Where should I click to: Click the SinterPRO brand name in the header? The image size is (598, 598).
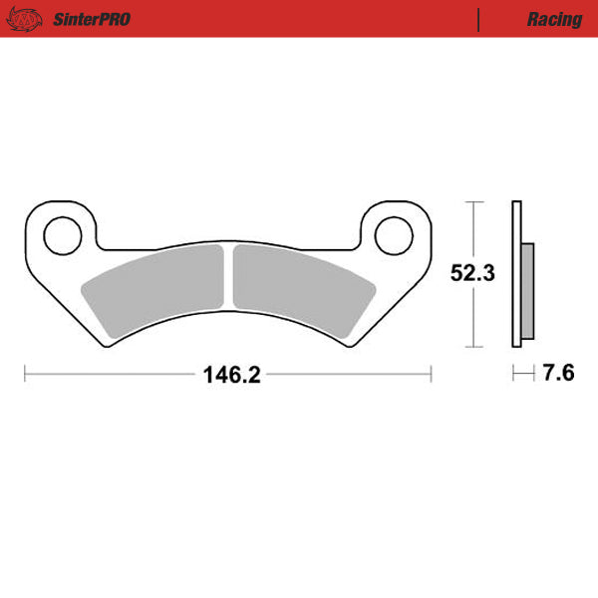(90, 19)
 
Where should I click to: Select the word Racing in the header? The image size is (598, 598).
(554, 19)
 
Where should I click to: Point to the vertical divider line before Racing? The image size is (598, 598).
(479, 19)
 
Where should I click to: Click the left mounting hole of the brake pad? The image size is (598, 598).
(62, 235)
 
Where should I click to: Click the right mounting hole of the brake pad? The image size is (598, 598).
(392, 235)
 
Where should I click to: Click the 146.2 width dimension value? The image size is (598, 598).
(231, 375)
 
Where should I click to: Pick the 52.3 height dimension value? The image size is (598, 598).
(472, 274)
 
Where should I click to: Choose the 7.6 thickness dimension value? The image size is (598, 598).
(558, 375)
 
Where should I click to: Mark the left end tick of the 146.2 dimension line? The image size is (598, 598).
(24, 375)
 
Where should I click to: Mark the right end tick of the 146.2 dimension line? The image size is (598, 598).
(431, 375)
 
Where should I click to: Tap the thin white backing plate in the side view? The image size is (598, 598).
(515, 274)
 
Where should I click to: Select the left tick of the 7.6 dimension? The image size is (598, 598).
(513, 375)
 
